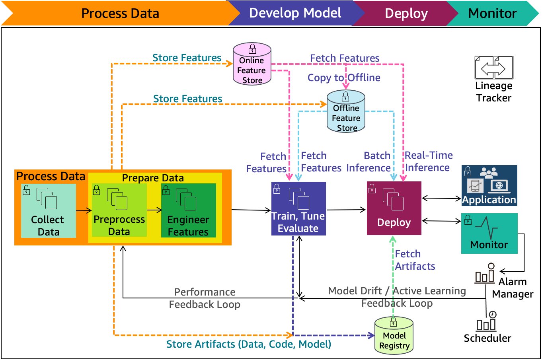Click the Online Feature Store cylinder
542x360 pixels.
click(252, 65)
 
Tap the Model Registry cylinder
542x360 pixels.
click(394, 336)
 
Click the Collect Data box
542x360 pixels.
click(48, 210)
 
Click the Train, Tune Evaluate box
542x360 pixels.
click(298, 208)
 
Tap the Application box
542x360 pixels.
click(489, 185)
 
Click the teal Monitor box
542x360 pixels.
click(489, 234)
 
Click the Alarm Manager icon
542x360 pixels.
click(485, 274)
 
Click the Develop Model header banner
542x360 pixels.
click(295, 13)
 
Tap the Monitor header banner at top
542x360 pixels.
click(492, 14)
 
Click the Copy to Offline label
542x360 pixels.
click(344, 78)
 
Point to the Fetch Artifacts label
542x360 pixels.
click(414, 260)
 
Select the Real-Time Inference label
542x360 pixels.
click(428, 162)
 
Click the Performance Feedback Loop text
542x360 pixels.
click(205, 298)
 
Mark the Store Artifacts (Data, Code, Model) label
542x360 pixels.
click(249, 344)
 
